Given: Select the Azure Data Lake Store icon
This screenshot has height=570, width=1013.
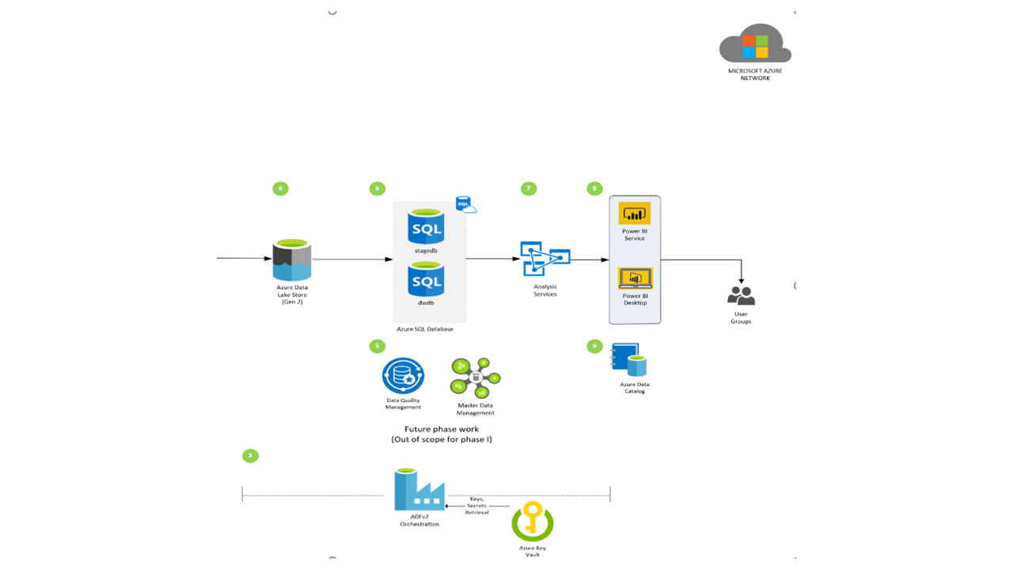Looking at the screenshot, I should pyautogui.click(x=292, y=260).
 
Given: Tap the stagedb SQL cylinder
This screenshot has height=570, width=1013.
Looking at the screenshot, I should pyautogui.click(x=426, y=226).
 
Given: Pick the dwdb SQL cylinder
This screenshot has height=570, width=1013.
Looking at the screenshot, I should pyautogui.click(x=426, y=279).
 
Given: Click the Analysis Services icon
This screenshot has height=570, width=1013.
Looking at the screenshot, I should pyautogui.click(x=545, y=259).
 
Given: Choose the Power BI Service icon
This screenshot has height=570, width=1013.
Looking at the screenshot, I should pyautogui.click(x=634, y=214).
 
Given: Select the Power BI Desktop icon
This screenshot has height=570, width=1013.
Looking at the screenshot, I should pyautogui.click(x=634, y=279).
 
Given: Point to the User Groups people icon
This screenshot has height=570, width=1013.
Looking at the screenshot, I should pyautogui.click(x=741, y=296).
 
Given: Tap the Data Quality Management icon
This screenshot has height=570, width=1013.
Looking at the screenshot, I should pyautogui.click(x=403, y=376).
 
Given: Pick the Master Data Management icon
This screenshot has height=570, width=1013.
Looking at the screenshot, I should pyautogui.click(x=475, y=378).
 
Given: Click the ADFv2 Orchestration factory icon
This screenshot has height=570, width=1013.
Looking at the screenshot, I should pyautogui.click(x=419, y=491).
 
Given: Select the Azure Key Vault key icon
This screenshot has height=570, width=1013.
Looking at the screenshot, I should pyautogui.click(x=532, y=521).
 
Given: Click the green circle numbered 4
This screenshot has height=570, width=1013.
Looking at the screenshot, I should pyautogui.click(x=280, y=188).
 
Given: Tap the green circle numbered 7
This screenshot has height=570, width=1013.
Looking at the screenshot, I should pyautogui.click(x=529, y=188).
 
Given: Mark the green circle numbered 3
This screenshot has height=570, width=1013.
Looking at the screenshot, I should pyautogui.click(x=250, y=456).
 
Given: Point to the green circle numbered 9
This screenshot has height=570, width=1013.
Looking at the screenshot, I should pyautogui.click(x=594, y=346).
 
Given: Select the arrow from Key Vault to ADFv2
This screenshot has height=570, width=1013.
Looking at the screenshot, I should pyautogui.click(x=476, y=505).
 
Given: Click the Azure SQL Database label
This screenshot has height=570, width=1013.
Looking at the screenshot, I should pyautogui.click(x=425, y=329).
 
